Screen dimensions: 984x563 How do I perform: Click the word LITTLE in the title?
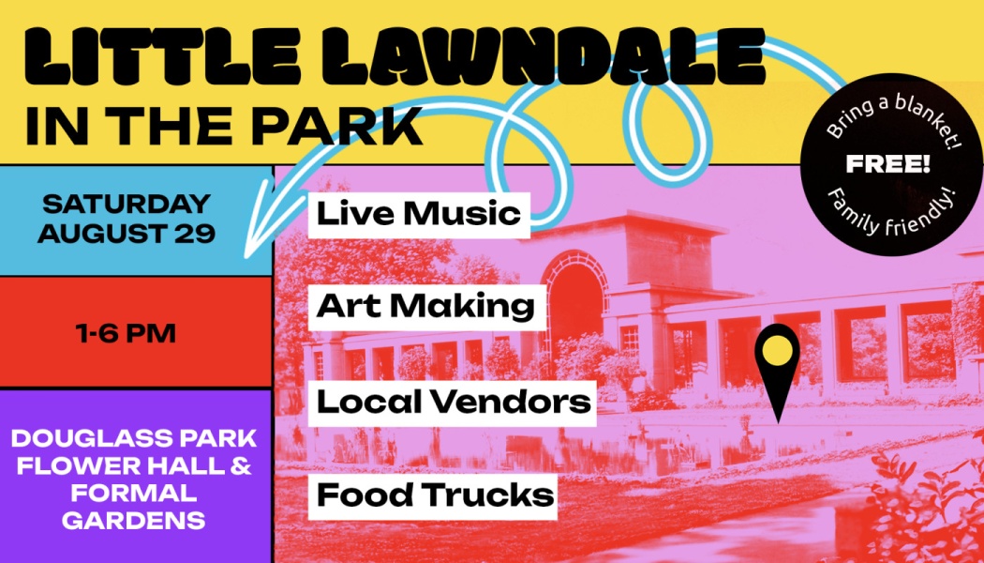click(x=143, y=56)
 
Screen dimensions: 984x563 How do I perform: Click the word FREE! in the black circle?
click(x=887, y=165)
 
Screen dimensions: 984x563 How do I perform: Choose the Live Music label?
click(x=419, y=215)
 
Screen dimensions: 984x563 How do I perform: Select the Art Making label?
click(x=425, y=307)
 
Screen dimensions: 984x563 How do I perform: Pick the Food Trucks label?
click(x=434, y=495)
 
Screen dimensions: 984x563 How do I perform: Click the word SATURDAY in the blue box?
click(x=127, y=204)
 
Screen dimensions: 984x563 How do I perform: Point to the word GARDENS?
click(x=133, y=520)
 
